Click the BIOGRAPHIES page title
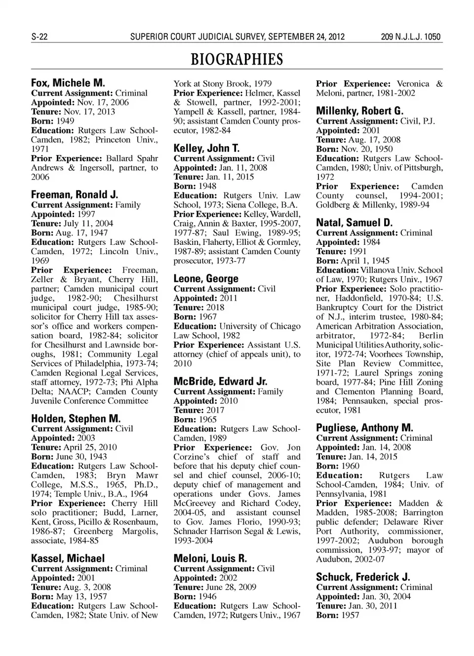tap(237, 60)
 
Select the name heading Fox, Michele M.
tap(68, 83)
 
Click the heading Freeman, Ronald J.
tap(74, 194)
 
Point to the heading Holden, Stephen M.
tap(76, 419)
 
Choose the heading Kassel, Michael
tap(68, 558)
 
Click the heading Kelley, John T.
tap(206, 148)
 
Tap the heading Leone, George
tap(205, 278)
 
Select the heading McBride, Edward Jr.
tap(220, 381)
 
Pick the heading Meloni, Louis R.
tap(210, 558)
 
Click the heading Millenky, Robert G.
tap(359, 111)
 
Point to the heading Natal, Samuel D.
tap(354, 223)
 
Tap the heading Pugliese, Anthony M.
tap(364, 428)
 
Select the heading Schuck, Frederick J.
tap(363, 577)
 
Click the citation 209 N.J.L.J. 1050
tap(410, 37)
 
